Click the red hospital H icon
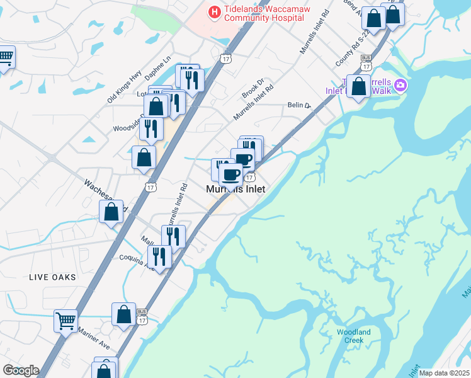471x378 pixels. click(215, 12)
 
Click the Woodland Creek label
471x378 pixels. click(354, 336)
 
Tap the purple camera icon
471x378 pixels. click(400, 85)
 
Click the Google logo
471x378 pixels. click(21, 370)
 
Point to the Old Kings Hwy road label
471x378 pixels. click(124, 88)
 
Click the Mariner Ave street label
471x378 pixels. click(94, 338)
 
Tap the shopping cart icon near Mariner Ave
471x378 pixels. click(65, 319)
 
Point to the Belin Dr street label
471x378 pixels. click(300, 105)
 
